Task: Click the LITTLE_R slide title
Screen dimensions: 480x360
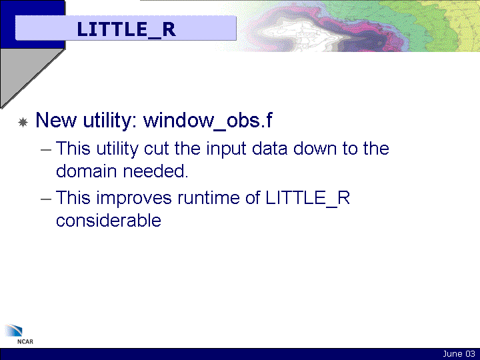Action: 126,29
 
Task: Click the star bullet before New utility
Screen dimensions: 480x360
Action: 23,122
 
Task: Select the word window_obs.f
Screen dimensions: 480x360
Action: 208,120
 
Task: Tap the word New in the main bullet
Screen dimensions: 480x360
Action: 56,120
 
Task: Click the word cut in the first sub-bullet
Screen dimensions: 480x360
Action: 157,149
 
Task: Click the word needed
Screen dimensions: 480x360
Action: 155,171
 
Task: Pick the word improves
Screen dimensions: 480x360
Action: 134,199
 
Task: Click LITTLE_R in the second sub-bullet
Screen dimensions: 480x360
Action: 307,199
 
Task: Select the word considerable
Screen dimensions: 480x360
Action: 109,221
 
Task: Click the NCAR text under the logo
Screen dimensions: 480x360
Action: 25,341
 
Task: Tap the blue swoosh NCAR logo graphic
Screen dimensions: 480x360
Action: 14,331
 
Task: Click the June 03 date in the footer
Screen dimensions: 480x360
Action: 459,354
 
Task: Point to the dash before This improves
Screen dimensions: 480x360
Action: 46,199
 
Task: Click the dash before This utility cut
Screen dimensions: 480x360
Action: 46,150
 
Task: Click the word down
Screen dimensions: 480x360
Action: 315,149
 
